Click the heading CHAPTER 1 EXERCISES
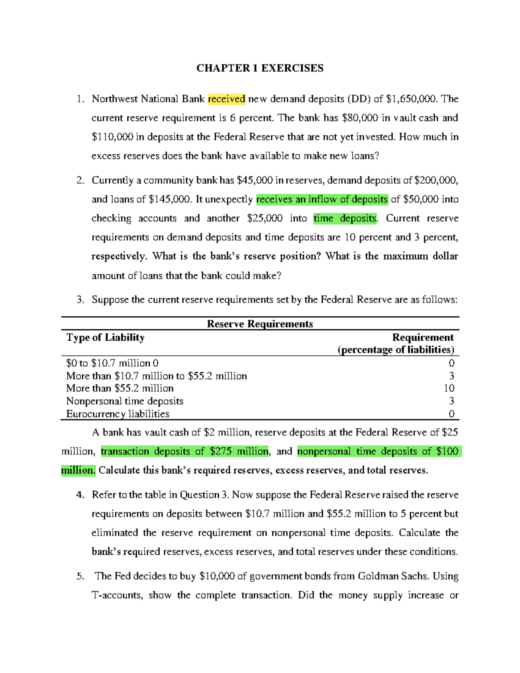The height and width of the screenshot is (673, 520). click(260, 68)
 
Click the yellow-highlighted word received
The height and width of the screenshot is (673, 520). click(227, 99)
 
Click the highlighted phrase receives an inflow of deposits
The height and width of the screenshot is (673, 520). click(322, 199)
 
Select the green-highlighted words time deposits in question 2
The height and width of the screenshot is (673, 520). click(345, 218)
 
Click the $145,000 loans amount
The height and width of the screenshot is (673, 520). click(169, 199)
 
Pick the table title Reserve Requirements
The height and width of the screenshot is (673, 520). click(260, 324)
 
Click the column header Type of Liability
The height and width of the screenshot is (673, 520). click(105, 337)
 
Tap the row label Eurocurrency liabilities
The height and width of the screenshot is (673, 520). click(117, 414)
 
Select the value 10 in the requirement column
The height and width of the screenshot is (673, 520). click(449, 388)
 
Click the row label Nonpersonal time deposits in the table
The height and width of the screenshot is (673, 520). click(125, 401)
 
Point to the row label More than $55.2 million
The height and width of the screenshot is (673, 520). click(120, 388)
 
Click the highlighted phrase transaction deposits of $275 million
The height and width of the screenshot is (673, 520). click(185, 452)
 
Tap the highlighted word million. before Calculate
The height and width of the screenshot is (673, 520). click(78, 471)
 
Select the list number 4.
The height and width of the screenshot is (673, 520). click(80, 495)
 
